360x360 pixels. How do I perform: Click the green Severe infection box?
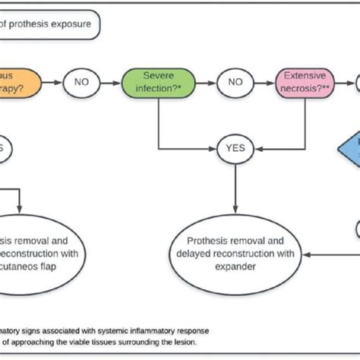click(x=158, y=82)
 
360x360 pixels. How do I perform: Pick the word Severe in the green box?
click(x=158, y=76)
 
